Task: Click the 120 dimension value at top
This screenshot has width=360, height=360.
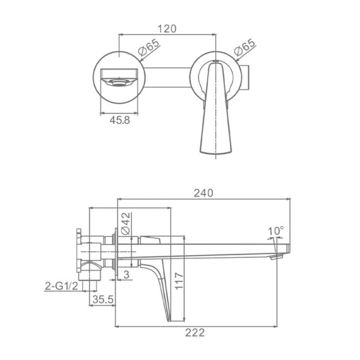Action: [x=167, y=28]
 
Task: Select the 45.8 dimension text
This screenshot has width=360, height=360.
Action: [x=119, y=120]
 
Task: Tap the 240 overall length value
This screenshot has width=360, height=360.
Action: [x=203, y=193]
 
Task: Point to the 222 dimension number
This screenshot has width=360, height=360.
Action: [x=195, y=333]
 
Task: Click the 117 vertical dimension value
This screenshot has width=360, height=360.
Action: [x=179, y=281]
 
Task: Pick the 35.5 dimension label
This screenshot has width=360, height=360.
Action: [x=103, y=299]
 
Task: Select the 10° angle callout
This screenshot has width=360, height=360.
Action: [x=276, y=231]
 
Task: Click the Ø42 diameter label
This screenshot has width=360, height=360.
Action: [x=126, y=224]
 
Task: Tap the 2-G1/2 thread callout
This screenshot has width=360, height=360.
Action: [x=61, y=286]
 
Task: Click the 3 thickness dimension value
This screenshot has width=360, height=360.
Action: [x=126, y=275]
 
